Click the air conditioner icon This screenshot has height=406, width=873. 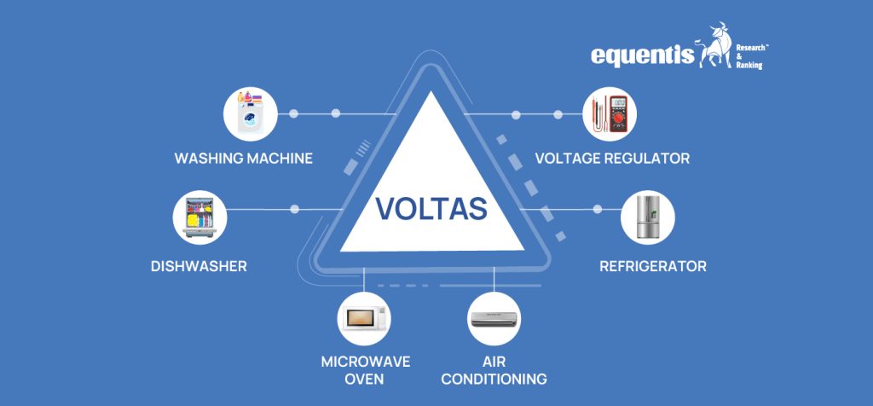[494, 318]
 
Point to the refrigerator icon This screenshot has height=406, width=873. [647, 217]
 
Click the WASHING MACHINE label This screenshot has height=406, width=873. [243, 159]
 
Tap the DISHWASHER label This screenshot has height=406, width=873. [199, 266]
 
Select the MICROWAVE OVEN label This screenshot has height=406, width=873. [365, 369]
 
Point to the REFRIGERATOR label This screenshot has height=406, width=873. [653, 266]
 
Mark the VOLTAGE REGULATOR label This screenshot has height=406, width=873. [612, 159]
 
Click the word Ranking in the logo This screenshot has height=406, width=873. [749, 65]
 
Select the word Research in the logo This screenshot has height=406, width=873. [751, 38]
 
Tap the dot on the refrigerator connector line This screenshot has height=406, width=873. [597, 209]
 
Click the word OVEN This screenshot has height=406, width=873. [365, 379]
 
